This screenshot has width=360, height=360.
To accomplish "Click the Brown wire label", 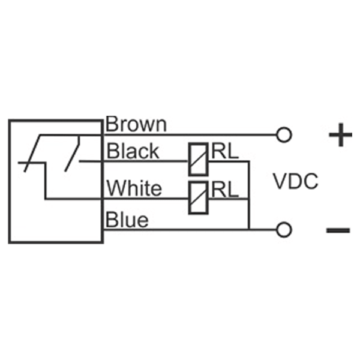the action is coord(136,124).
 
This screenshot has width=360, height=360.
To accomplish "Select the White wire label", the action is coord(134,188).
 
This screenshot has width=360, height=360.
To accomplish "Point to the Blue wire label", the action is coord(127,220).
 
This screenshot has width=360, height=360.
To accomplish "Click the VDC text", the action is coord(296,181).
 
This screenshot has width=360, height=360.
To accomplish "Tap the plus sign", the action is coord(340,135).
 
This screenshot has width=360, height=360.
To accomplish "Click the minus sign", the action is coord(338,230).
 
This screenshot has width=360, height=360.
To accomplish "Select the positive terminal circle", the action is coord(284,135).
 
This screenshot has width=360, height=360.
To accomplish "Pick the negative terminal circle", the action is coord(284,230).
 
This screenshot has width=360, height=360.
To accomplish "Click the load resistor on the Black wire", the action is coord(198,160).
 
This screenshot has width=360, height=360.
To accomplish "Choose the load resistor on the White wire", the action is coord(198,197).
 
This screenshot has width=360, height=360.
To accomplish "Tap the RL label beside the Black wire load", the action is coord(225,152).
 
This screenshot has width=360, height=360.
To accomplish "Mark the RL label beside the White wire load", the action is coord(225,190).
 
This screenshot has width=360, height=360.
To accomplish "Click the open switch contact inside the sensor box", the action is coord(72,154).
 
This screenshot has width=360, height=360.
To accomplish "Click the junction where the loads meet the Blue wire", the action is coord(249,229).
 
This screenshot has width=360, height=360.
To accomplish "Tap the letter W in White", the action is coord(116,188).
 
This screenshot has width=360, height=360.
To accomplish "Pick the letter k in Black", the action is coord(154,151).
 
